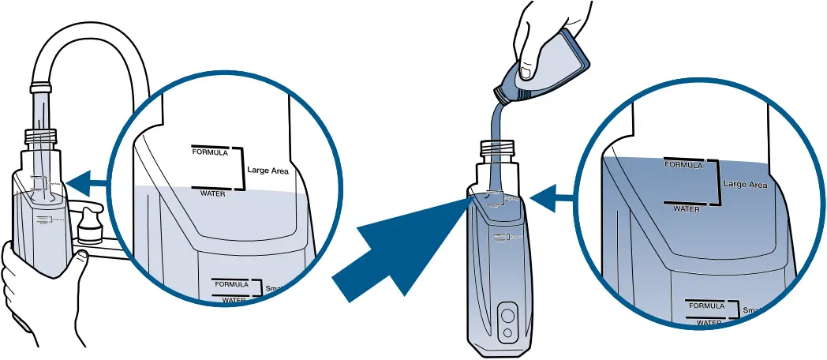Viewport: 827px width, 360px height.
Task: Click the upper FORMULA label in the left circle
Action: [209, 152]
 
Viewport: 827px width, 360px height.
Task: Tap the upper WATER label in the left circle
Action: [212, 192]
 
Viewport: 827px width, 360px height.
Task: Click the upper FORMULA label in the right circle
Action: [683, 165]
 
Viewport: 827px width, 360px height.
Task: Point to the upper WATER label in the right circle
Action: [686, 208]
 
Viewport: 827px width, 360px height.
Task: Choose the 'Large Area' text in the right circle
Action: [745, 185]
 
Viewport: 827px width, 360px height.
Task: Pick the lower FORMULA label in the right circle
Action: [706, 306]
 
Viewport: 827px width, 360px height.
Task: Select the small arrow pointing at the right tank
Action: [553, 197]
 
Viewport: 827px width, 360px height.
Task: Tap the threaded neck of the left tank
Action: [43, 138]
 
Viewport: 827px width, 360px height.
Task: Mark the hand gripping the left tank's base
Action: [32, 292]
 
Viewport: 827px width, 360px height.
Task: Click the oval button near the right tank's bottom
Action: [507, 316]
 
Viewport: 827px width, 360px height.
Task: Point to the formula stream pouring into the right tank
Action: [496, 134]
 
